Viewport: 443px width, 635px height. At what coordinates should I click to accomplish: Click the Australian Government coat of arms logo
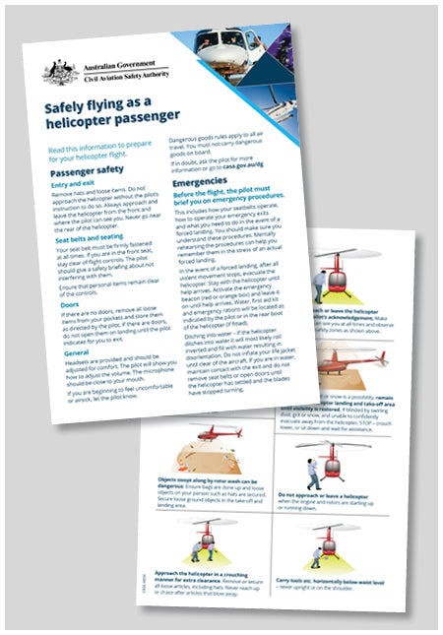(x=57, y=71)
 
